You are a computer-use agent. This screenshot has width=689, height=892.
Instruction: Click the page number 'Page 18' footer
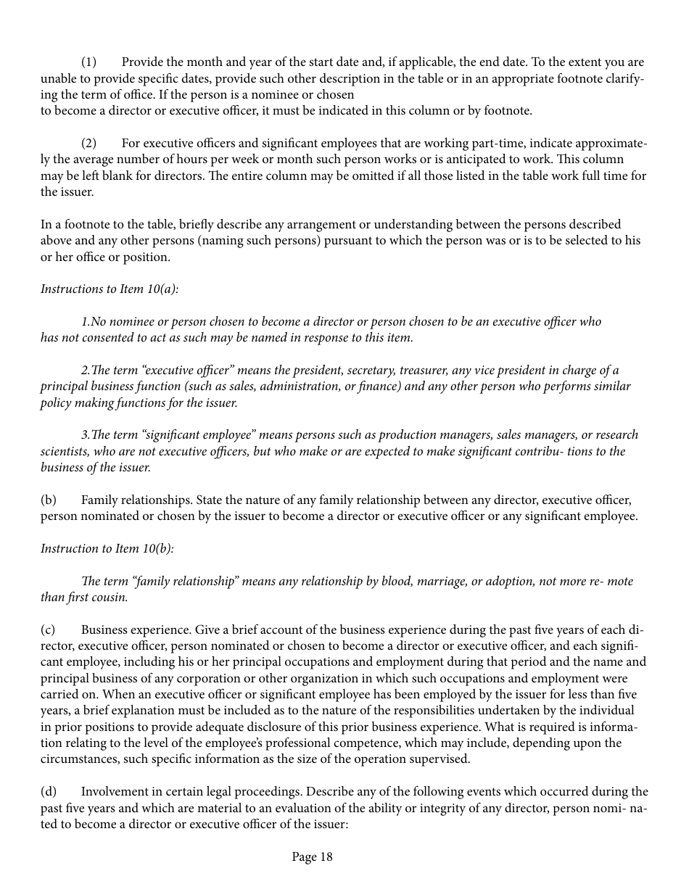(312, 857)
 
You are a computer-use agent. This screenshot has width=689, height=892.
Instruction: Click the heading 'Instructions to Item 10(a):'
(110, 289)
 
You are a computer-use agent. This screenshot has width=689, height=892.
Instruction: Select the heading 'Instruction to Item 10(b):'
(107, 548)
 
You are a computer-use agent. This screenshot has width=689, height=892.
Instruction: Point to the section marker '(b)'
(49, 500)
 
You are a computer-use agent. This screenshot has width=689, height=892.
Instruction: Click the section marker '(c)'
(49, 629)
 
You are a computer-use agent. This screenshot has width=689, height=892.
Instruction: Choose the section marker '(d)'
(49, 791)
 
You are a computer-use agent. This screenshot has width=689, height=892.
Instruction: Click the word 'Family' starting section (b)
(99, 500)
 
